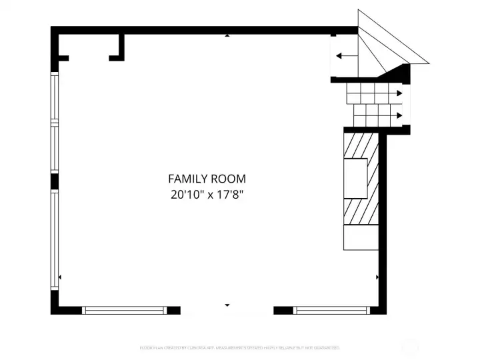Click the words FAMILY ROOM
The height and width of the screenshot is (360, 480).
(207, 179)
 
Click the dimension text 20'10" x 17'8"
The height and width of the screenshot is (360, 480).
(207, 195)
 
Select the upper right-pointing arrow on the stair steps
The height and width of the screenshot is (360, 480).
(398, 93)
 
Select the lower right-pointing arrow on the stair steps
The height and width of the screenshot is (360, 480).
(398, 115)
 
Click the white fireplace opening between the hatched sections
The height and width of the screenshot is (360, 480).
(355, 178)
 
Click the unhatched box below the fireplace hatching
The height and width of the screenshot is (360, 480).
(361, 238)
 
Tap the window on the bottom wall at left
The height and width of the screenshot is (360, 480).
(124, 310)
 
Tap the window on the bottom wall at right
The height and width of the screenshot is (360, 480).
(331, 310)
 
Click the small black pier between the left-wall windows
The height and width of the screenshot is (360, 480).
(55, 182)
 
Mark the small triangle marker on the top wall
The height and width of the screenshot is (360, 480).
(227, 35)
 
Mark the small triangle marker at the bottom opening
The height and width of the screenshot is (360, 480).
(227, 305)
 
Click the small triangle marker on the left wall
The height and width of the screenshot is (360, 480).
(61, 277)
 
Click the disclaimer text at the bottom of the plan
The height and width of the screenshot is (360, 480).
(240, 347)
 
